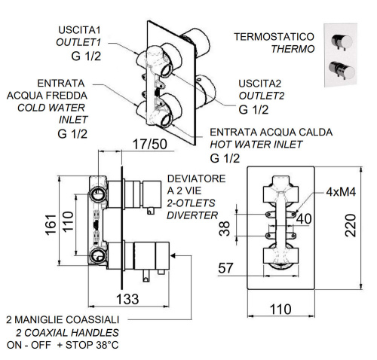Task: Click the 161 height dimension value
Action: [x=49, y=224]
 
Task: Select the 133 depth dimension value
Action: [x=131, y=299]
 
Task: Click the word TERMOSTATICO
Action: [x=272, y=35]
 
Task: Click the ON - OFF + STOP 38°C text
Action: [x=62, y=345]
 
